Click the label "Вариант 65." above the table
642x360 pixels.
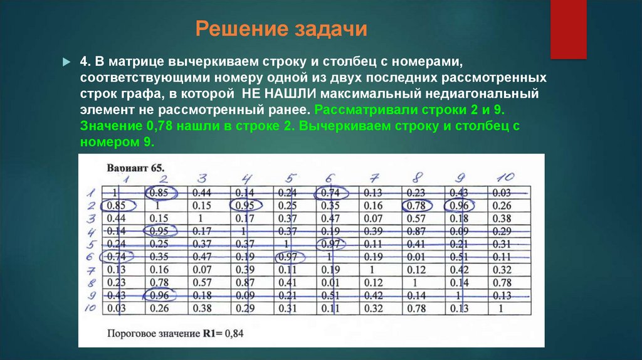coord(135,169)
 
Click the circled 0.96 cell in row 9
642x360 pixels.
coord(161,295)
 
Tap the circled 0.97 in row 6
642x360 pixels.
coord(289,257)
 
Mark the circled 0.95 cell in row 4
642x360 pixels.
coord(161,231)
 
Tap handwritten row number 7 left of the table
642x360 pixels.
coord(90,270)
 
